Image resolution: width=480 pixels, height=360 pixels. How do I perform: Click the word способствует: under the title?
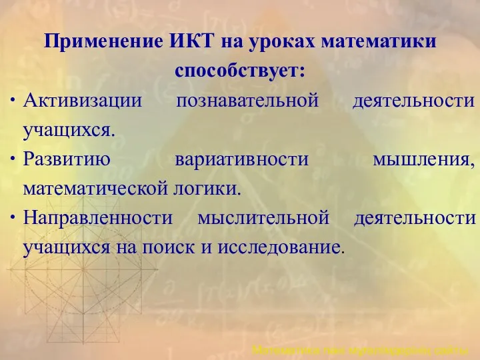tap(241, 70)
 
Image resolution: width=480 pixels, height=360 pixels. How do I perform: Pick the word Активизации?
tap(83, 101)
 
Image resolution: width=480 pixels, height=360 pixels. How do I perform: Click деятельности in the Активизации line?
tap(413, 101)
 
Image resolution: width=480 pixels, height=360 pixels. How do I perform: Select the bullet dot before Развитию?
tap(15, 161)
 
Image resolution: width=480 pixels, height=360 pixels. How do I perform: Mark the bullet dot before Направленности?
tap(15, 219)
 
